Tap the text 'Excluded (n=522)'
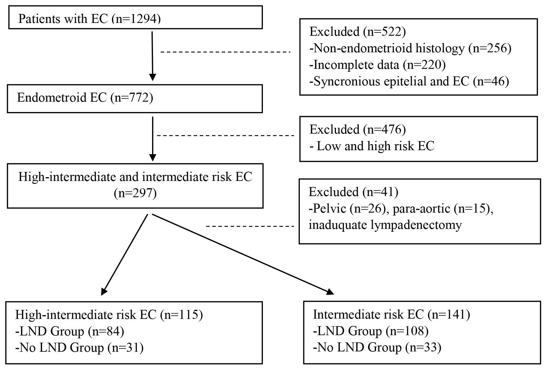point(357,31)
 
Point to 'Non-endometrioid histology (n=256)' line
point(410,48)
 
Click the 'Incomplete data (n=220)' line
point(377,64)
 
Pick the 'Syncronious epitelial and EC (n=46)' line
point(409,81)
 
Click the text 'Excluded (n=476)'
point(357,129)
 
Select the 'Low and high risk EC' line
point(372,146)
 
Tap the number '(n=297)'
point(135,193)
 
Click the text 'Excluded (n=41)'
point(353,192)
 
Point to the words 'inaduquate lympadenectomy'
point(385,225)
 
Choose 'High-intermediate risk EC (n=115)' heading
point(109,315)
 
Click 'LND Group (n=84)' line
point(70,331)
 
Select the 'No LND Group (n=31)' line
point(79,348)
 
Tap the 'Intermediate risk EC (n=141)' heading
point(391,315)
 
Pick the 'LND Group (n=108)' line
point(371,331)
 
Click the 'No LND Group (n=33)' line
point(377,348)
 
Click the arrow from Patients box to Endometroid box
point(152,56)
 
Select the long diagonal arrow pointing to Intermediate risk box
point(243,254)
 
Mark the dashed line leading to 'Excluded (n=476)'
point(225,136)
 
